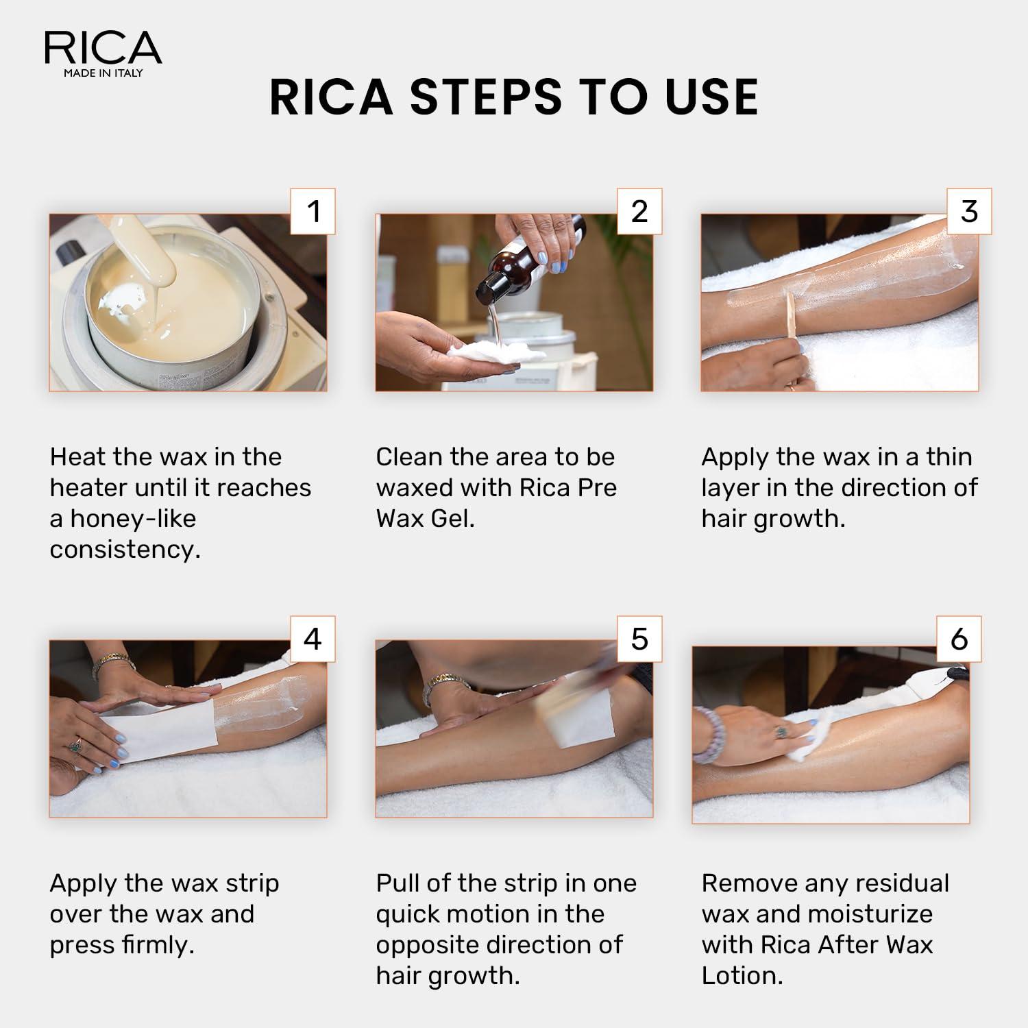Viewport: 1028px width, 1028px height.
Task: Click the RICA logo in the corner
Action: (x=103, y=48)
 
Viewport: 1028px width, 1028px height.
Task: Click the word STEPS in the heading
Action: (x=486, y=97)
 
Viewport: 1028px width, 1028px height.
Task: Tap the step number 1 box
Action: (x=313, y=211)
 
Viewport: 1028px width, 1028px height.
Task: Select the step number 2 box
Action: (x=639, y=211)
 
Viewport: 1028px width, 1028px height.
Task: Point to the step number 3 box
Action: (x=969, y=211)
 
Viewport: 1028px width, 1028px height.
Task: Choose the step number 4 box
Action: (x=313, y=639)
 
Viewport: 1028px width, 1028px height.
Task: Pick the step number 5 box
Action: (x=639, y=639)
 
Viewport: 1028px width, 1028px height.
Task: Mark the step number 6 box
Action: (x=959, y=639)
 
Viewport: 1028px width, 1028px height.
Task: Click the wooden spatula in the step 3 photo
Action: (x=792, y=315)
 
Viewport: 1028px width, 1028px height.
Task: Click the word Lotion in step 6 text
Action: (x=742, y=976)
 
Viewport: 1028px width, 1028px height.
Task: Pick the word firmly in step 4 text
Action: (x=158, y=945)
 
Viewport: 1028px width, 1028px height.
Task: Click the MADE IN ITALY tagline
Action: (x=103, y=73)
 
